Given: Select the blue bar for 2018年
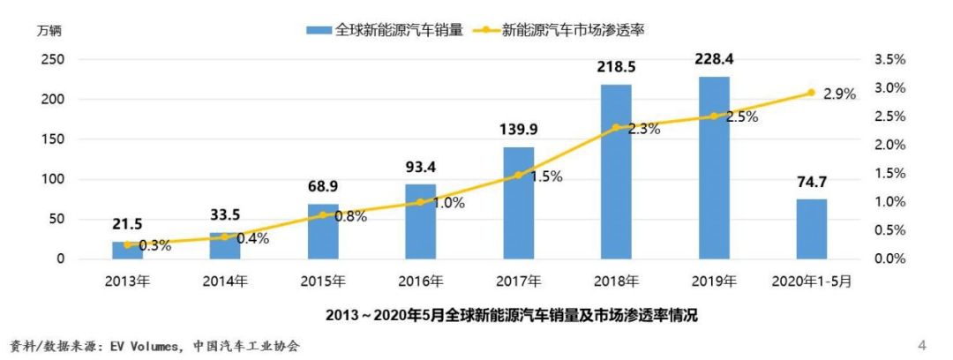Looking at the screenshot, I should tap(616, 172).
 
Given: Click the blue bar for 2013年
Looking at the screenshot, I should tap(127, 251).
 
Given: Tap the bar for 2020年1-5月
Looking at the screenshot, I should tap(812, 229).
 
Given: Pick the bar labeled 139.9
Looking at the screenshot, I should tap(518, 203).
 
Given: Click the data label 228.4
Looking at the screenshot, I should tap(714, 60).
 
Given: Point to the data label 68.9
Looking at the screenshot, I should tap(323, 187).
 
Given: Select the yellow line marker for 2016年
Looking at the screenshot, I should tap(420, 202).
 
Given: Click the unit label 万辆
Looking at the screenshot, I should tap(49, 31).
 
